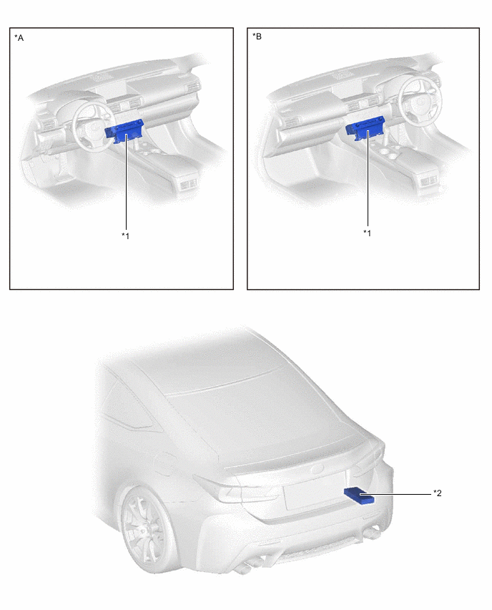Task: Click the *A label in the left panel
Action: click(19, 38)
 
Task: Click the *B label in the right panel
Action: click(257, 37)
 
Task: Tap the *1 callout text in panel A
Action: click(126, 236)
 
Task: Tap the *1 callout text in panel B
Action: click(368, 233)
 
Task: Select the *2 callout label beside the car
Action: click(438, 493)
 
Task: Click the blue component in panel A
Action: click(124, 131)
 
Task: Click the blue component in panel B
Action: click(365, 128)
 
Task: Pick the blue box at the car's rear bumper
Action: click(360, 495)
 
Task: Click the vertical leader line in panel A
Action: click(126, 182)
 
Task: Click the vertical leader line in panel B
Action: click(368, 179)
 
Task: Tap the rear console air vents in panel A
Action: click(189, 184)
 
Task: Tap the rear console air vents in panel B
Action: click(429, 180)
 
